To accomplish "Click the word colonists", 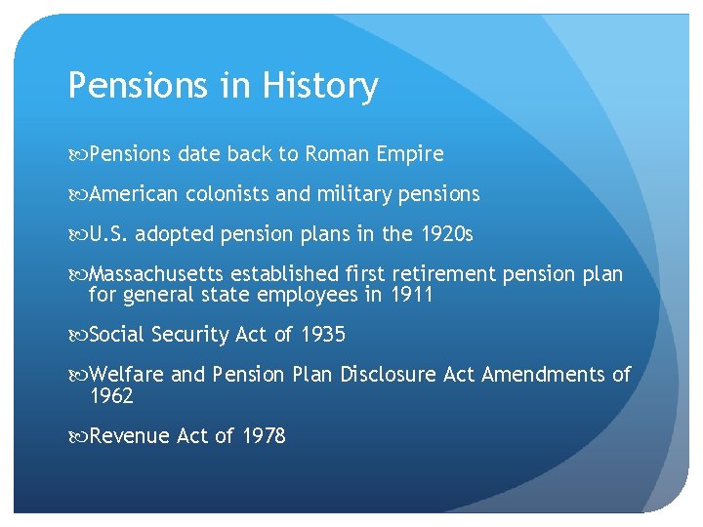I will (x=227, y=194).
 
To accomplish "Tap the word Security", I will (x=191, y=335).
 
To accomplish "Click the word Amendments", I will (x=542, y=375).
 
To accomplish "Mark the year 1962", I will (x=110, y=396).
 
